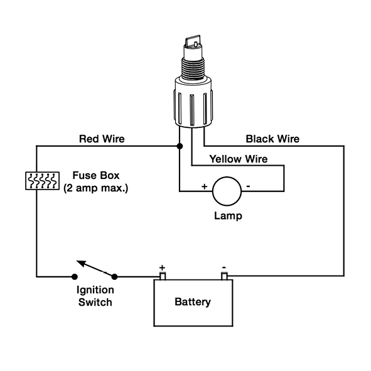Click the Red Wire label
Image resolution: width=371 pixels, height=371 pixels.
click(x=102, y=139)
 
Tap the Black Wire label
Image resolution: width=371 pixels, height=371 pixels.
click(x=272, y=139)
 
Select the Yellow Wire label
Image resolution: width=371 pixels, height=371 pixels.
click(x=239, y=159)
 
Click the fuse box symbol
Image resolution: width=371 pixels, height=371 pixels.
click(x=42, y=181)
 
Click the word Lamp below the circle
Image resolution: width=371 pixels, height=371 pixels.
click(x=228, y=216)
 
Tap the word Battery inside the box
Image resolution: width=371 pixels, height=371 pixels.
click(x=193, y=302)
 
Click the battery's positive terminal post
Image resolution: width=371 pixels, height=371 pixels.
click(x=163, y=276)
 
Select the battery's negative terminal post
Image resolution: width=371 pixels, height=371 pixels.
click(x=224, y=276)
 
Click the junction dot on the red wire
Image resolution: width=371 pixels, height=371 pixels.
click(x=180, y=146)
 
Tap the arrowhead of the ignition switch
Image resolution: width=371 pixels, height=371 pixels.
click(x=81, y=263)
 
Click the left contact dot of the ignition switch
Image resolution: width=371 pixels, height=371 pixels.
click(x=75, y=277)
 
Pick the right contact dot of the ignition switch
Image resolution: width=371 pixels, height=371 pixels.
click(x=114, y=277)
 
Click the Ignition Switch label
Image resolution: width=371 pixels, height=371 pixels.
click(x=95, y=296)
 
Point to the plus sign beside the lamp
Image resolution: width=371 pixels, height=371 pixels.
click(x=205, y=186)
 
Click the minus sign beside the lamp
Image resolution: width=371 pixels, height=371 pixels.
click(x=248, y=186)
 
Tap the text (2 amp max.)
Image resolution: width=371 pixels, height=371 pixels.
click(x=96, y=188)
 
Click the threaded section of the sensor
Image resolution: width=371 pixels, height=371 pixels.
click(x=193, y=68)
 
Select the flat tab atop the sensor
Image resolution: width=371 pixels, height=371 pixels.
click(x=193, y=41)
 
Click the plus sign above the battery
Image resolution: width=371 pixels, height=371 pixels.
click(x=162, y=268)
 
